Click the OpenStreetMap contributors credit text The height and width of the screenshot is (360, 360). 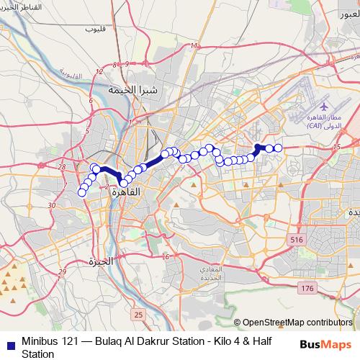297,323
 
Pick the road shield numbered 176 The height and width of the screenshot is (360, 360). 308,288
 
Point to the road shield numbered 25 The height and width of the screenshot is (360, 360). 138,315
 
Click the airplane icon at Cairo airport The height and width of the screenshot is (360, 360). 323,105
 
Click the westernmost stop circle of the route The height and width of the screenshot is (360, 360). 81,192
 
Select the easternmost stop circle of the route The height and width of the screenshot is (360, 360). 278,148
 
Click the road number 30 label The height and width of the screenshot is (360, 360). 52,205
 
